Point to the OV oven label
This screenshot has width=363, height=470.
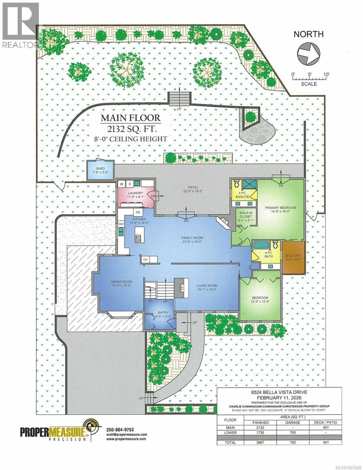pyautogui.click(x=145, y=259)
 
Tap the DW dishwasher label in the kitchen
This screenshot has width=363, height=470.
pyautogui.click(x=121, y=224)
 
